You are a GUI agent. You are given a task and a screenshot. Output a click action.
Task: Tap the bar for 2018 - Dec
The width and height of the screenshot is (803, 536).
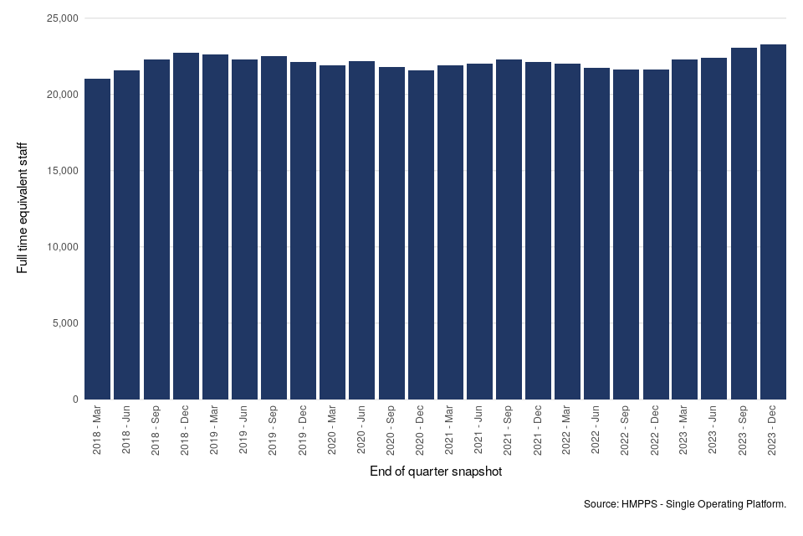pos(186,226)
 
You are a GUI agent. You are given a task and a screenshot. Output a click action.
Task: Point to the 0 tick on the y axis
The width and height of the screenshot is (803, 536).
pos(74,399)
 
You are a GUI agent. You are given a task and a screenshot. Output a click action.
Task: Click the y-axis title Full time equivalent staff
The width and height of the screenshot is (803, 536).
pos(23,209)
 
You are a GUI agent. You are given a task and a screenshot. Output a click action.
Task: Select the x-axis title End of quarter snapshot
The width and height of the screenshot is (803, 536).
pos(436,472)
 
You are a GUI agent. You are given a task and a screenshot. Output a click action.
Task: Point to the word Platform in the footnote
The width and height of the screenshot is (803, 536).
pos(765,504)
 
